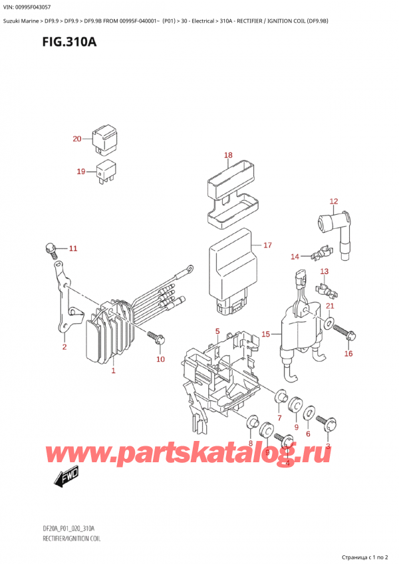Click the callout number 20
76,139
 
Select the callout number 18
228,156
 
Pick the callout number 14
295,256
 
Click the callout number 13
325,271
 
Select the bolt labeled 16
344,331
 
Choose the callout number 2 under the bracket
65,347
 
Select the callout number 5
217,331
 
